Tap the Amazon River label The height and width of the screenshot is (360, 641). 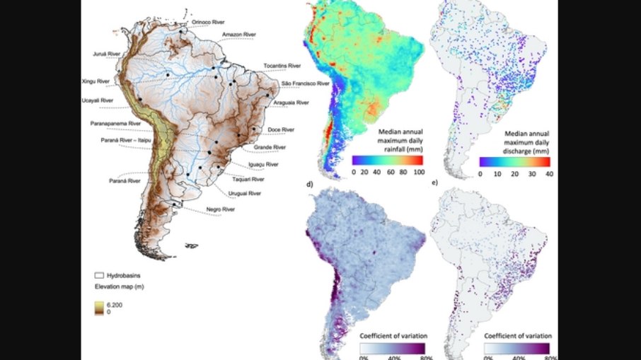tap(238, 34)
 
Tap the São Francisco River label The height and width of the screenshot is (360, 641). tap(306, 83)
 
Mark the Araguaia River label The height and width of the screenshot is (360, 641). tap(291, 103)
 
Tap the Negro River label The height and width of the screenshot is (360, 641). tap(221, 209)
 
